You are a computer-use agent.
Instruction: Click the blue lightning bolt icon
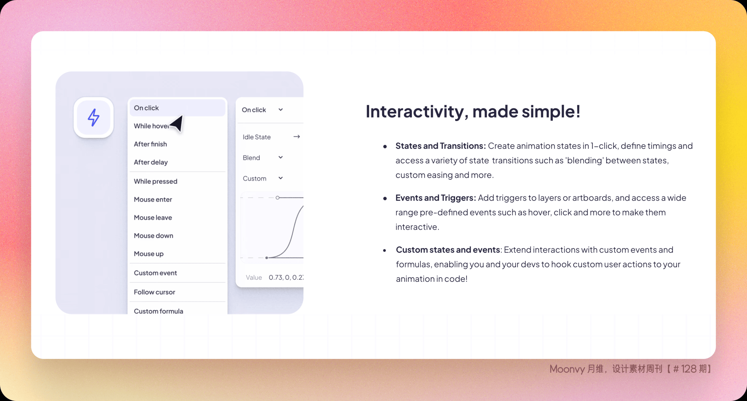[93, 117]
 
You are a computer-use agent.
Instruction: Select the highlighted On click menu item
[177, 108]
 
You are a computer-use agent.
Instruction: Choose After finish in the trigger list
[150, 144]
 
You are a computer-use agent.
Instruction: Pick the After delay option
[151, 162]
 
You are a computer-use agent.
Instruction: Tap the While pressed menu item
[156, 181]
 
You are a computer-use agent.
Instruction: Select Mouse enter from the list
[153, 199]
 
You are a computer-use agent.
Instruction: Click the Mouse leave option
[153, 217]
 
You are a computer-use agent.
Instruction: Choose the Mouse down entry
[153, 236]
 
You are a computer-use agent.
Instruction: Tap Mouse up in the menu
[149, 254]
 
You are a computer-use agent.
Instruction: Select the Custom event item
[155, 273]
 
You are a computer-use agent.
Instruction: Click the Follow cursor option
[154, 292]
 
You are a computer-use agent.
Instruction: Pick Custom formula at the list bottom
[158, 311]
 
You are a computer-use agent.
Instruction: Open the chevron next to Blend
[281, 157]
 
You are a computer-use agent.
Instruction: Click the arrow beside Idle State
[297, 136]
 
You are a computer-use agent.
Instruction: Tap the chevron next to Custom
[281, 178]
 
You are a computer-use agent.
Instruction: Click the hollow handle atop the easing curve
[277, 198]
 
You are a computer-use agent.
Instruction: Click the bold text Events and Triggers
[436, 198]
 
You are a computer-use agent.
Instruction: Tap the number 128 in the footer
[689, 369]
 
